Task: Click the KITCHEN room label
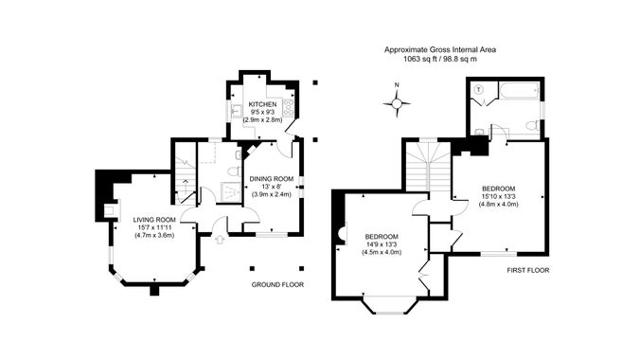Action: click(x=262, y=104)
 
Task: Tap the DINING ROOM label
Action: click(x=272, y=178)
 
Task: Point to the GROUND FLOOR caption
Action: click(x=277, y=284)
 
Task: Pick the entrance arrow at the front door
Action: click(x=220, y=240)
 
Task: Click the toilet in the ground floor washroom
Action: click(x=233, y=171)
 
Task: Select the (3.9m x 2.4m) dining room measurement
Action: click(x=272, y=194)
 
